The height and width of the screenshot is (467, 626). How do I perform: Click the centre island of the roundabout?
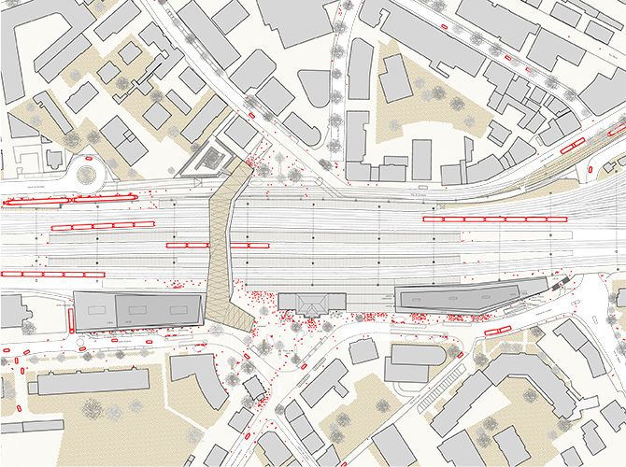87,174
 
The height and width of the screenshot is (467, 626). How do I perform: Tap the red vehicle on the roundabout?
87,161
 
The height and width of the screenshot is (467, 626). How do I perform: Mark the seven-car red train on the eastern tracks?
495,219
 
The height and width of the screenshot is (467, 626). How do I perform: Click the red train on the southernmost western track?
48,274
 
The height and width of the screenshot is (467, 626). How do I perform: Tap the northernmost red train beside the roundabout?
37,201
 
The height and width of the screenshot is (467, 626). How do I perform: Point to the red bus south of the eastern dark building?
496,330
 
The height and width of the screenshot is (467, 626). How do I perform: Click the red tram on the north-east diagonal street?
569,145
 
